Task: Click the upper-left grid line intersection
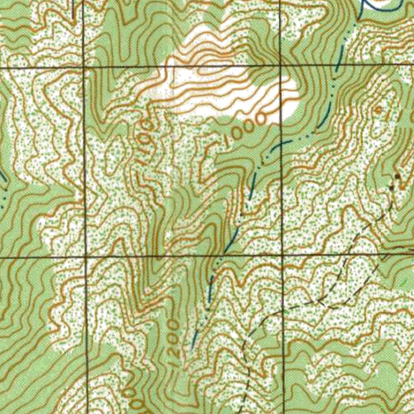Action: (x=84, y=67)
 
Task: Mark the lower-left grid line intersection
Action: (x=86, y=256)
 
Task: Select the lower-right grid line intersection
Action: (x=282, y=255)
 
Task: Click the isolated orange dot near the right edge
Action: (x=378, y=110)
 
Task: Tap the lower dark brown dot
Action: (x=391, y=188)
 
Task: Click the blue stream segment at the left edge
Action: (x=3, y=178)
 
